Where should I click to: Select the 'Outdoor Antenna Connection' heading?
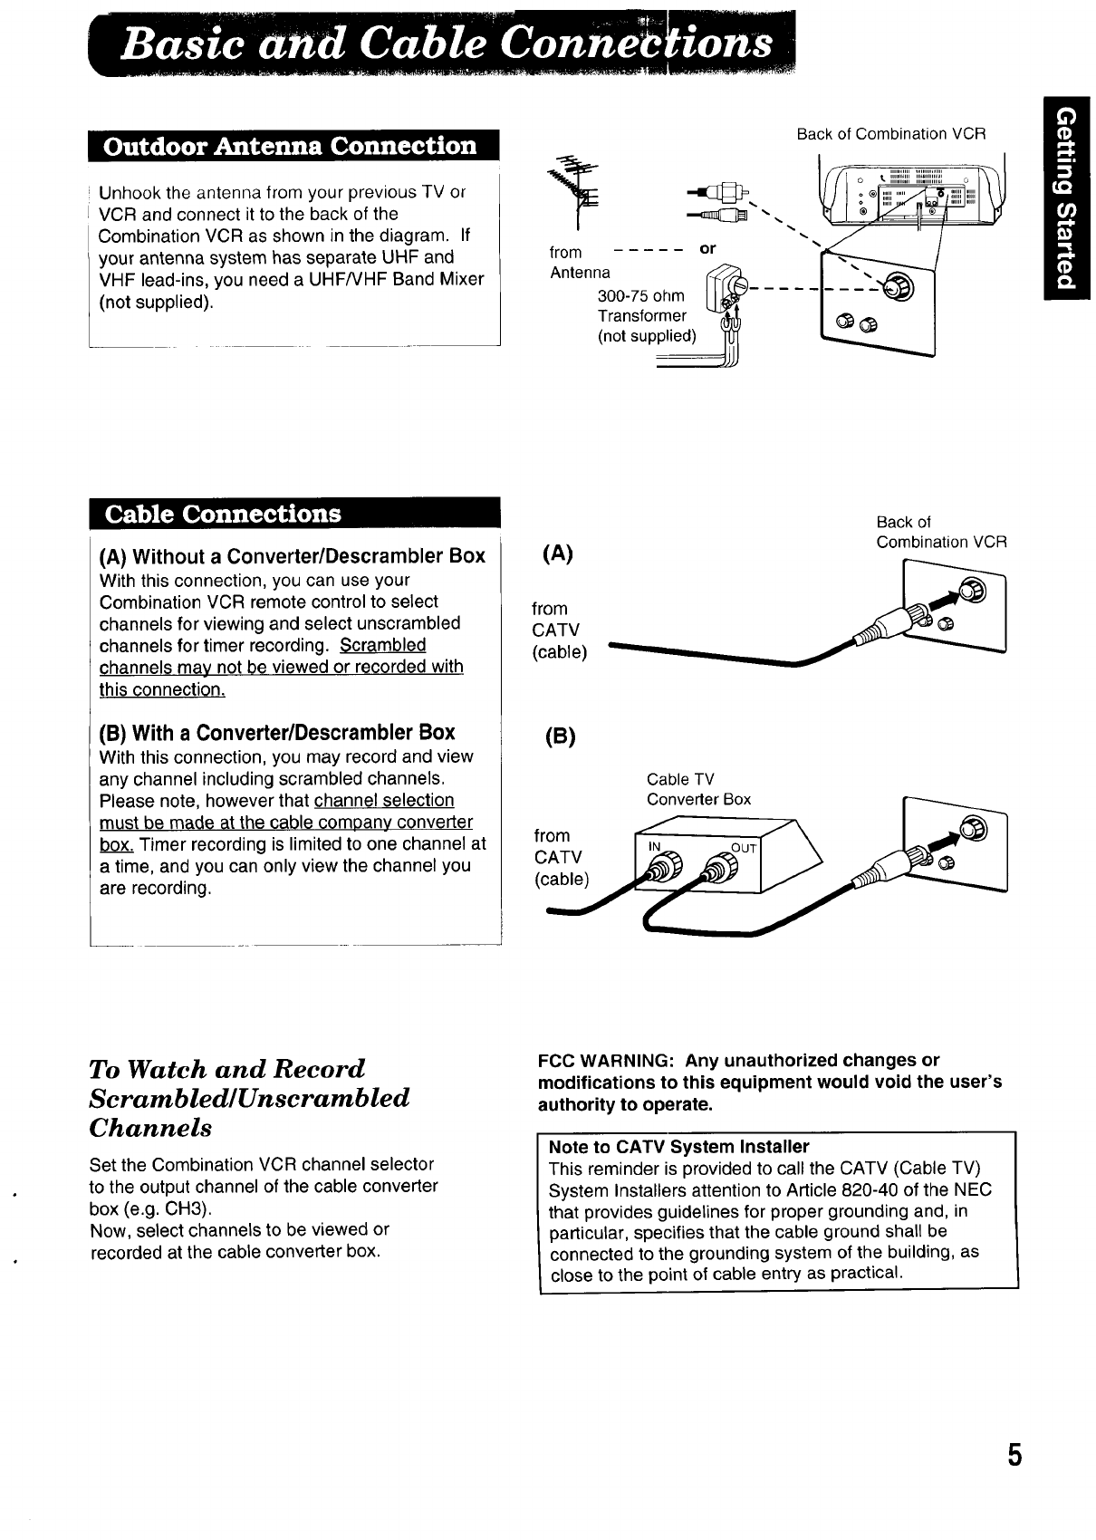291,147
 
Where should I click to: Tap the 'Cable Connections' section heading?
224,514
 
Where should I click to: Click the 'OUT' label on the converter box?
743,848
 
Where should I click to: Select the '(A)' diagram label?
556,554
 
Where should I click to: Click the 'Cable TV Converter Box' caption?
698,789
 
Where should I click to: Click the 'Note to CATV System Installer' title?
678,1147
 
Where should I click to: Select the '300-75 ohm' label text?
641,296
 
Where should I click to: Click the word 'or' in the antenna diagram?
707,248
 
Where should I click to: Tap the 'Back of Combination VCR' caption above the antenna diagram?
890,134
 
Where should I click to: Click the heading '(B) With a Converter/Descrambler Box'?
277,732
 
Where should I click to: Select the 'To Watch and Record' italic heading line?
227,1068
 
